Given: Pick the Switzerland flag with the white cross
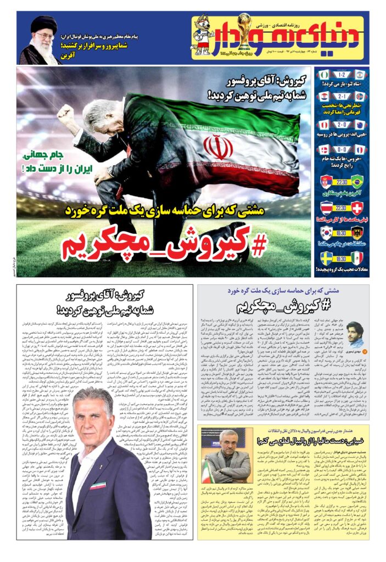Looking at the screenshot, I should click(x=357, y=207).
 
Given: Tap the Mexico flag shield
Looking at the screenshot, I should click(x=357, y=258).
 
